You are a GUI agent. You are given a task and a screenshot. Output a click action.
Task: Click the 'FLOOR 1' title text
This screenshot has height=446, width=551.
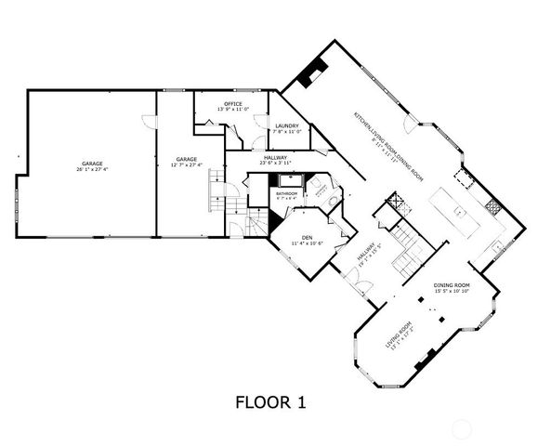pos(269,402)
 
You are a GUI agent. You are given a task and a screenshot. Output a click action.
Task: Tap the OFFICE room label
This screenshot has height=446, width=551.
pos(233,103)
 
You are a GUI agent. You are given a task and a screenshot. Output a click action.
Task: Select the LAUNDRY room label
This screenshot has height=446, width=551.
pos(286,126)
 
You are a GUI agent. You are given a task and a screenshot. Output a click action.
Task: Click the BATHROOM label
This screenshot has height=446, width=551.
pos(286,193)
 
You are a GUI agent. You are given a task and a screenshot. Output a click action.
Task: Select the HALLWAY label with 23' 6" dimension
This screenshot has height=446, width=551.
pos(274,159)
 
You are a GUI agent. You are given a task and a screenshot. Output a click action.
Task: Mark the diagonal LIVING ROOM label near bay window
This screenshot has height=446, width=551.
pos(400,335)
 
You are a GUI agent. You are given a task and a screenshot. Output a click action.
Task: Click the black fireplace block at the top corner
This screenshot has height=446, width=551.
pos(318,68)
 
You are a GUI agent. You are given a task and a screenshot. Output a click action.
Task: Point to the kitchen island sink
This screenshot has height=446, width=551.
pos(458,212)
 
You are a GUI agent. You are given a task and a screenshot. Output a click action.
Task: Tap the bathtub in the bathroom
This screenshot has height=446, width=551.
pos(286,203)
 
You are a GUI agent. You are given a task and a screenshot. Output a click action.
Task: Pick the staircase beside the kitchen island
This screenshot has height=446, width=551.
pos(406,247)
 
